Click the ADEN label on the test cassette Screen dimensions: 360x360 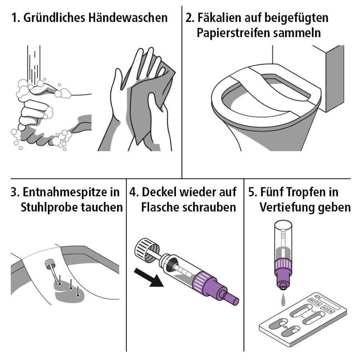(x=327, y=309)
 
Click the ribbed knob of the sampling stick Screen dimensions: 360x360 (x=49, y=264)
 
